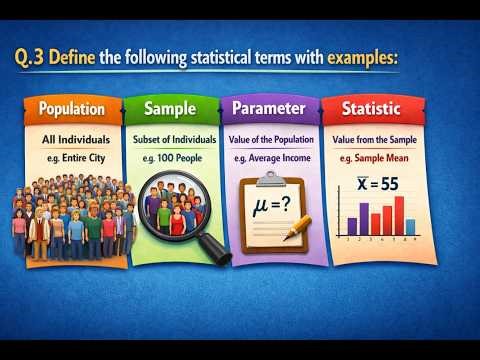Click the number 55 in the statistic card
[390, 184]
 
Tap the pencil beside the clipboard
[297, 229]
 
